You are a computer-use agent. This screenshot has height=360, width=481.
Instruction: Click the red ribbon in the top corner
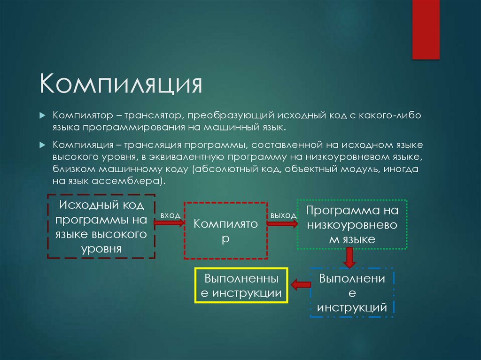(426, 29)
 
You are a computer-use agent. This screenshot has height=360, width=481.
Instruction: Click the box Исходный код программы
(101, 226)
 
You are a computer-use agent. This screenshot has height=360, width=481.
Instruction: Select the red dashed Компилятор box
(225, 230)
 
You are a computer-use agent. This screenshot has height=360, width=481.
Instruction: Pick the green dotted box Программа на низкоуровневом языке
(352, 224)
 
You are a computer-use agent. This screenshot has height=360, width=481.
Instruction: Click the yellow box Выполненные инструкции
(241, 286)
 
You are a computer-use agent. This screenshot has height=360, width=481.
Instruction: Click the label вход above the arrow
(170, 215)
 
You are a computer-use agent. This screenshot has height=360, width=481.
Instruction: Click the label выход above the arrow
(283, 215)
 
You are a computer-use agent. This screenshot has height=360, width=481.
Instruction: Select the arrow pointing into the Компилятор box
(170, 223)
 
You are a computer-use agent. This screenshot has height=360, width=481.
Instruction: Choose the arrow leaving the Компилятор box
(282, 224)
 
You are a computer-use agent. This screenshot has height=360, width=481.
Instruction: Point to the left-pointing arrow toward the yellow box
(300, 284)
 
